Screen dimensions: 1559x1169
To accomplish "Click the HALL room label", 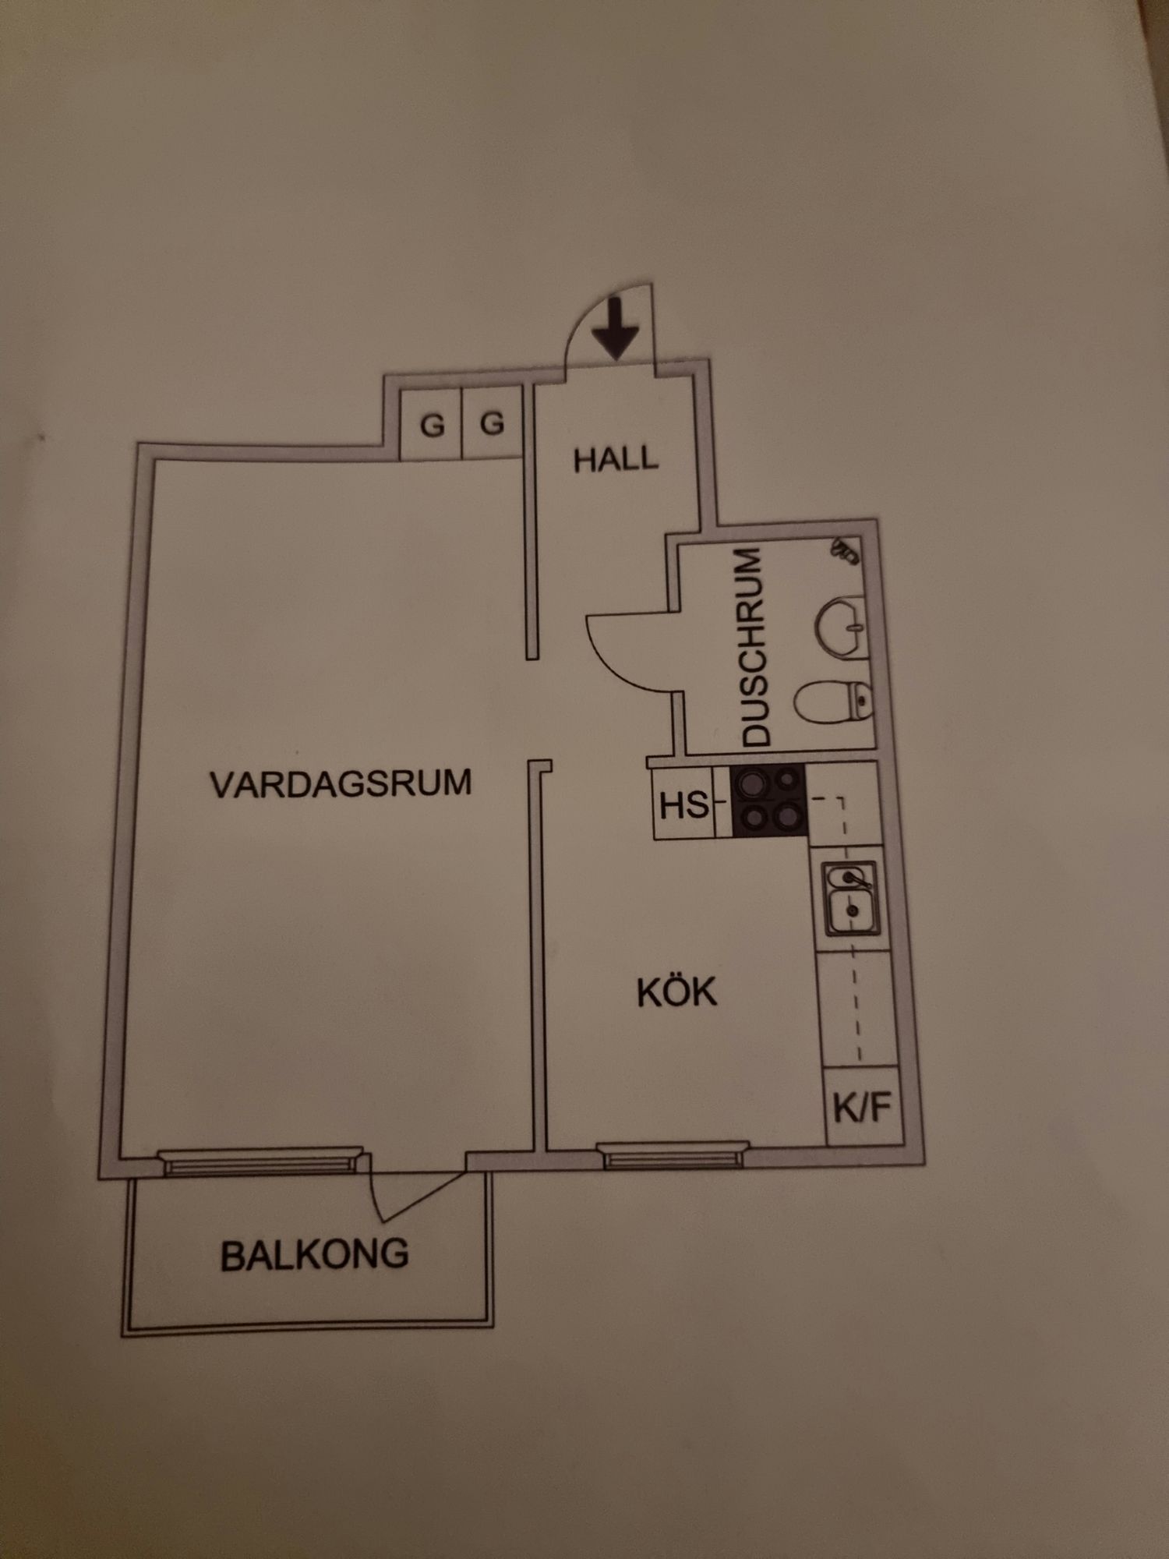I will [x=616, y=459].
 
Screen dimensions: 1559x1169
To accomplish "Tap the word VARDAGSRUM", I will [x=341, y=783].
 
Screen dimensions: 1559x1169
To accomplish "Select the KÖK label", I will [x=676, y=992].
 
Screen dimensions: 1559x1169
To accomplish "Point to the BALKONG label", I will [x=315, y=1255].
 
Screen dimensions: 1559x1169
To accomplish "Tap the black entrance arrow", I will [x=616, y=327].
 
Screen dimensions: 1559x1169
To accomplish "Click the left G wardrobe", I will [x=432, y=425].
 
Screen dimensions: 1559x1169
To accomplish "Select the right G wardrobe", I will [x=492, y=423].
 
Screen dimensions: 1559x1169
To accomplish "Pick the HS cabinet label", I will [x=683, y=804].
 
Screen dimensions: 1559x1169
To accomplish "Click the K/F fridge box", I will [x=862, y=1107].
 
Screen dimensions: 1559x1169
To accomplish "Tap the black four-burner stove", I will [x=768, y=801].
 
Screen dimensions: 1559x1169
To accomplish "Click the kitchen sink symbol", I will [x=851, y=898].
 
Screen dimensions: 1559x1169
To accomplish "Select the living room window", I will [x=261, y=1161].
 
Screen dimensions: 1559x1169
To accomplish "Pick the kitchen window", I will [x=673, y=1154].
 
